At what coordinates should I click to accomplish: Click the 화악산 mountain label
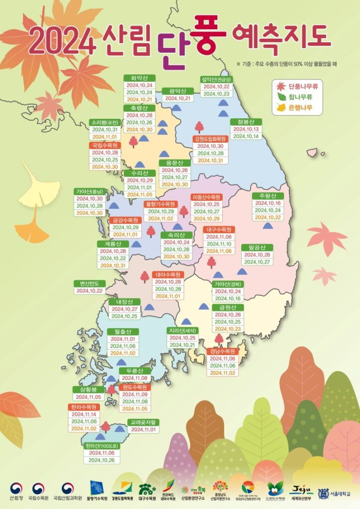(139, 78)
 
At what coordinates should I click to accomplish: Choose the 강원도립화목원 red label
(210, 139)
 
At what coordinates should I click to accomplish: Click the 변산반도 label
(90, 283)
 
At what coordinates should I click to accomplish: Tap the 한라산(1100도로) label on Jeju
(101, 446)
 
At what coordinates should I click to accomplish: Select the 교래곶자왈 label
(144, 422)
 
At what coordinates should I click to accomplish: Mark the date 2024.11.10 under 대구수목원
(218, 244)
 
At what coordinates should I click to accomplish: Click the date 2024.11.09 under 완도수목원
(134, 394)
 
